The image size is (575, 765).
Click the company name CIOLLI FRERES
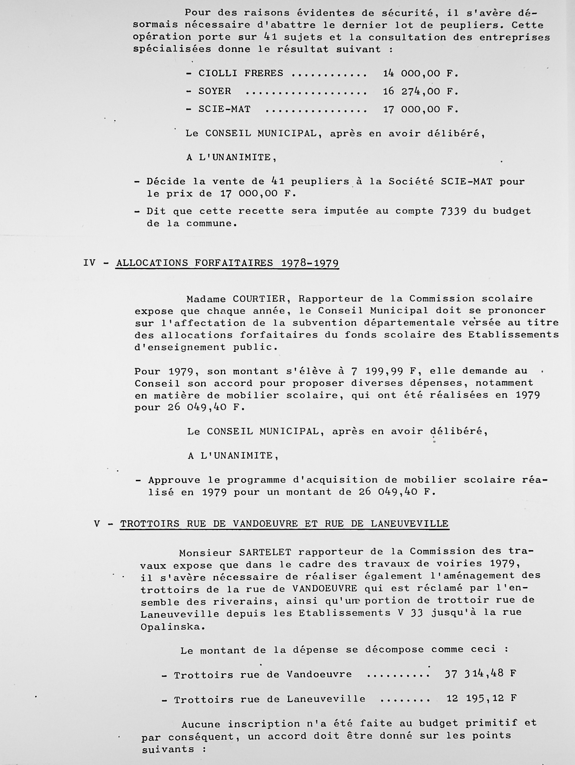point(240,73)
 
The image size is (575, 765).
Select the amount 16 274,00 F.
point(420,91)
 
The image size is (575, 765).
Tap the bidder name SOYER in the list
point(214,91)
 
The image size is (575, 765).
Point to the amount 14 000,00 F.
point(420,73)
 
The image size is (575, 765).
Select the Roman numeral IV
point(89,263)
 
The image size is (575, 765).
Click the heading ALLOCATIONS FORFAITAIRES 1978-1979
point(227,263)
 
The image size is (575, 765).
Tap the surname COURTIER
point(259,298)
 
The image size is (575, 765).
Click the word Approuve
point(174,480)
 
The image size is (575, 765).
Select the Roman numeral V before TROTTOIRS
point(97,524)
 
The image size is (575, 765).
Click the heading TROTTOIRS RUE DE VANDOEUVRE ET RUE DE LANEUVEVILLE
point(284,524)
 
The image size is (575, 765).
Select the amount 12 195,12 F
point(481,698)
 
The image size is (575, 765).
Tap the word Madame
point(206,299)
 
